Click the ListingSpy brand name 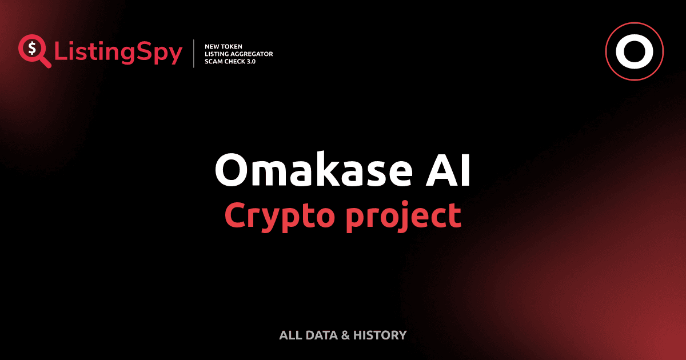click(x=118, y=53)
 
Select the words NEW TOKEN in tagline click(x=220, y=46)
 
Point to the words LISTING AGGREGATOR click(x=238, y=53)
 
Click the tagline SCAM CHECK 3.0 click(x=230, y=61)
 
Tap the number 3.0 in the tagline click(x=250, y=61)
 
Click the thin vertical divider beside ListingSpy click(x=195, y=53)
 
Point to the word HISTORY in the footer click(x=380, y=335)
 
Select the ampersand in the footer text click(x=345, y=335)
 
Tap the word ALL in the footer click(x=289, y=335)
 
